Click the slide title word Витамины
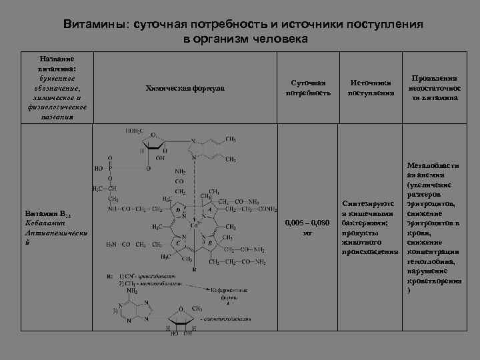tap(97, 24)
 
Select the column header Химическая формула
tap(185, 88)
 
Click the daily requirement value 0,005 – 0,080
tap(307, 223)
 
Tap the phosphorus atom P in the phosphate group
tap(111, 169)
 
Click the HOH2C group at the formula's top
tap(134, 131)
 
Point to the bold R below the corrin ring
tap(195, 270)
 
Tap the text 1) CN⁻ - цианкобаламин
tap(140, 275)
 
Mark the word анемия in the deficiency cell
tap(435, 175)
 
